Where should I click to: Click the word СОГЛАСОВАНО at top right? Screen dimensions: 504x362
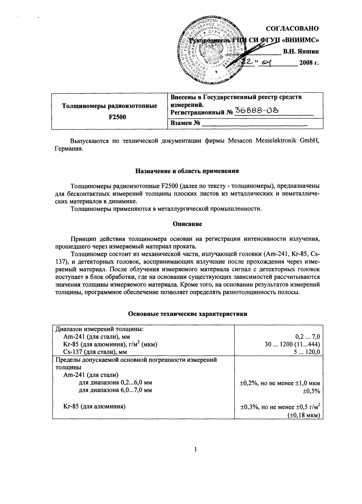click(292, 29)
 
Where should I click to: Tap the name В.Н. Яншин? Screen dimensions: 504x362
click(301, 52)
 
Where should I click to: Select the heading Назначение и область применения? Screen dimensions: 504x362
click(187, 171)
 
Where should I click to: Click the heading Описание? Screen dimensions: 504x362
click(187, 224)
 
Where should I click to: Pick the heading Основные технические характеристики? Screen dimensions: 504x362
click(187, 314)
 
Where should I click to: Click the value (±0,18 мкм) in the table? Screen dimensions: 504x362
click(304, 415)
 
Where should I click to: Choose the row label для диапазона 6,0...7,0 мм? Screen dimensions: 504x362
click(115, 390)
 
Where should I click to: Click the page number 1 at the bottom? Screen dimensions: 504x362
click(195, 450)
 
